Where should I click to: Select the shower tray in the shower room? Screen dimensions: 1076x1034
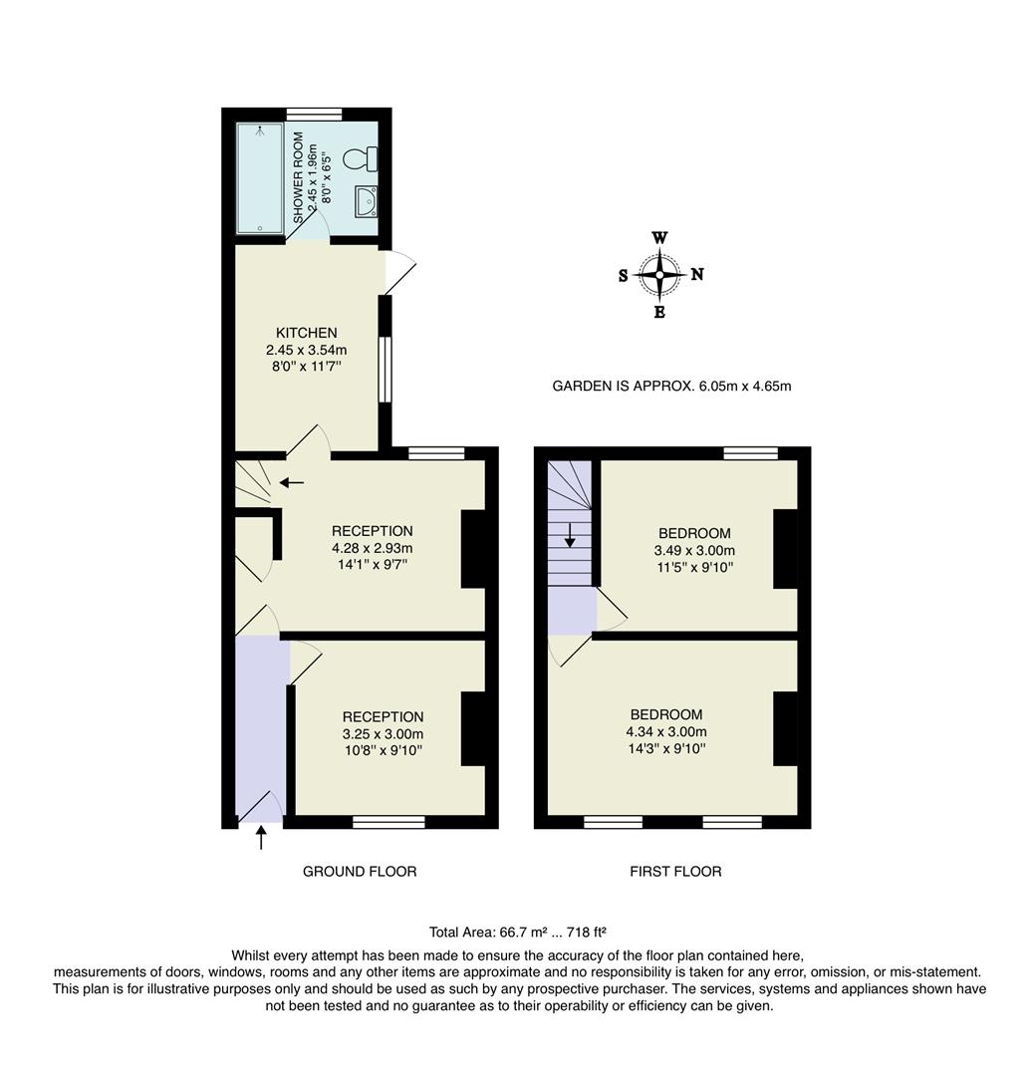coord(259,178)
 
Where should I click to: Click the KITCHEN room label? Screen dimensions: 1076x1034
coord(306,333)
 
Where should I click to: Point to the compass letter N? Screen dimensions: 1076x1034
coord(697,275)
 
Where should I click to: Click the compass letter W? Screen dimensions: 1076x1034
coord(659,238)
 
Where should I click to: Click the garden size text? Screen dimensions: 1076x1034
coord(671,386)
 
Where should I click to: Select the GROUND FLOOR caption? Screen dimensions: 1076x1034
coord(360,871)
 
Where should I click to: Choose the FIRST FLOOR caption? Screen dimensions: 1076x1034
coord(675,871)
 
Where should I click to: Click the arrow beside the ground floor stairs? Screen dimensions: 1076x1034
coord(292,483)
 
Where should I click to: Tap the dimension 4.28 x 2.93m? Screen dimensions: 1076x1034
coord(372,548)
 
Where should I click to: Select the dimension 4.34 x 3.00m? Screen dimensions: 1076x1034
coord(666,731)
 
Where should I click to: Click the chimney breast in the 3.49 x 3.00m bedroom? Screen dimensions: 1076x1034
coord(785,548)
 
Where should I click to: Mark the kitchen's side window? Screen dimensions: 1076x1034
coord(386,369)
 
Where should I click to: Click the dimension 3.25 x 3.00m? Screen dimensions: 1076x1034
coord(383,733)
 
